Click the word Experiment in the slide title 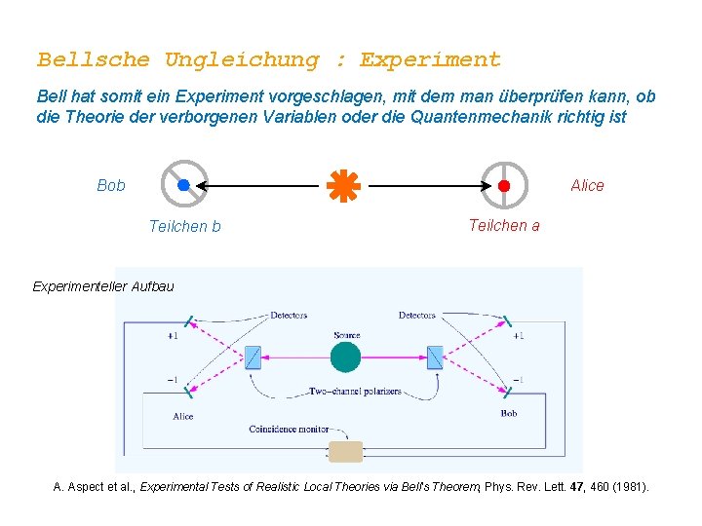click(x=430, y=60)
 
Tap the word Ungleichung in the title click(x=242, y=60)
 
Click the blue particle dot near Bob click(x=183, y=185)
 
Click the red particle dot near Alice click(x=504, y=185)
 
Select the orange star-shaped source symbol click(x=343, y=185)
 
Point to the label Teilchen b click(x=184, y=227)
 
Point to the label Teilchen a click(x=503, y=225)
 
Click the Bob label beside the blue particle click(x=111, y=185)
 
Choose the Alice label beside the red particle click(x=587, y=185)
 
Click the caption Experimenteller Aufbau click(x=103, y=286)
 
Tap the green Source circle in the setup click(x=345, y=357)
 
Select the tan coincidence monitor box click(x=345, y=451)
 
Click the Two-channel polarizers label click(x=355, y=392)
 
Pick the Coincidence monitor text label click(x=288, y=430)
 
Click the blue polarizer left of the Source click(x=253, y=357)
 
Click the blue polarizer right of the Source click(x=435, y=357)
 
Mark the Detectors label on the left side click(x=289, y=316)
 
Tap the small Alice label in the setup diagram click(x=183, y=416)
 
